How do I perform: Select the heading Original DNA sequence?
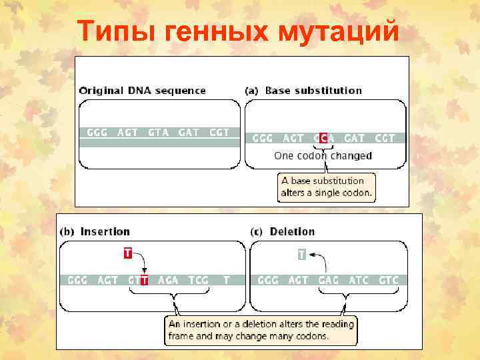coord(143,91)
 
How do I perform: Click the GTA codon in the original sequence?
coord(158,132)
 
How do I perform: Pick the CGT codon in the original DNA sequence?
coord(219,132)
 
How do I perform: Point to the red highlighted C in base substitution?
coord(323,138)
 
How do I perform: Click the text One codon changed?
coord(323,156)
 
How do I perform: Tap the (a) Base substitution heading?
coord(304,91)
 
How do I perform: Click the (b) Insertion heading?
coord(95,232)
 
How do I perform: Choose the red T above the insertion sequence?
coord(127,253)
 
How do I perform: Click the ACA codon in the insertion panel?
coord(168,280)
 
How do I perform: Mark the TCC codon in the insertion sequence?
coord(198,280)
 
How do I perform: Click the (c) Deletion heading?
coord(283,232)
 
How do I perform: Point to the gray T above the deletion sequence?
coord(302,254)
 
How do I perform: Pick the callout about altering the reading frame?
coord(261,329)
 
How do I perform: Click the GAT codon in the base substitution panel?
coord(354,138)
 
